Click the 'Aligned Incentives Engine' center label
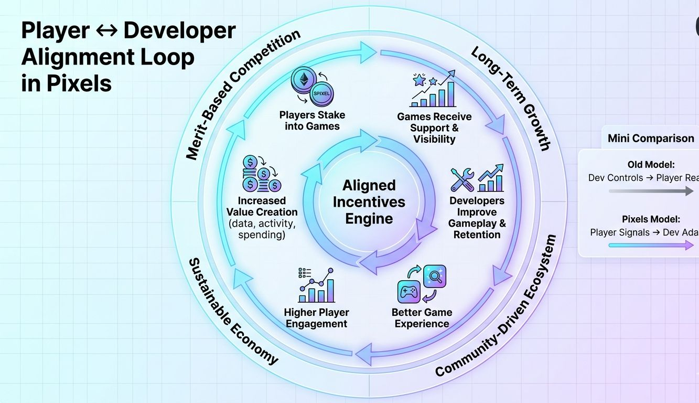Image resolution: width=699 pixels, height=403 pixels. coord(369,201)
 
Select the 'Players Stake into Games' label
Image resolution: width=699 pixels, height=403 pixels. coord(312,121)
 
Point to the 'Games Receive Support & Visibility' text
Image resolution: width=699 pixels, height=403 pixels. coord(434,128)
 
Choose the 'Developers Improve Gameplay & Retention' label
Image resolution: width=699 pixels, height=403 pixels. coord(477,218)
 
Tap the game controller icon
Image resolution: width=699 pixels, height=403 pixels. coord(410,291)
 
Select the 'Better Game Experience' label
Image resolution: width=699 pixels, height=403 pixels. coord(422,318)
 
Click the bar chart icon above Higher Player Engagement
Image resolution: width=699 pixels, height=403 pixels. coord(316,286)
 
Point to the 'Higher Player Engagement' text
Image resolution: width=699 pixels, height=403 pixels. coord(316,318)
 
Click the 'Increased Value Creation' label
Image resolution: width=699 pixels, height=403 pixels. coord(262,206)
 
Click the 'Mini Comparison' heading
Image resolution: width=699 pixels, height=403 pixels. coord(650,139)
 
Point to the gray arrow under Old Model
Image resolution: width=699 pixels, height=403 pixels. coord(651,192)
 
